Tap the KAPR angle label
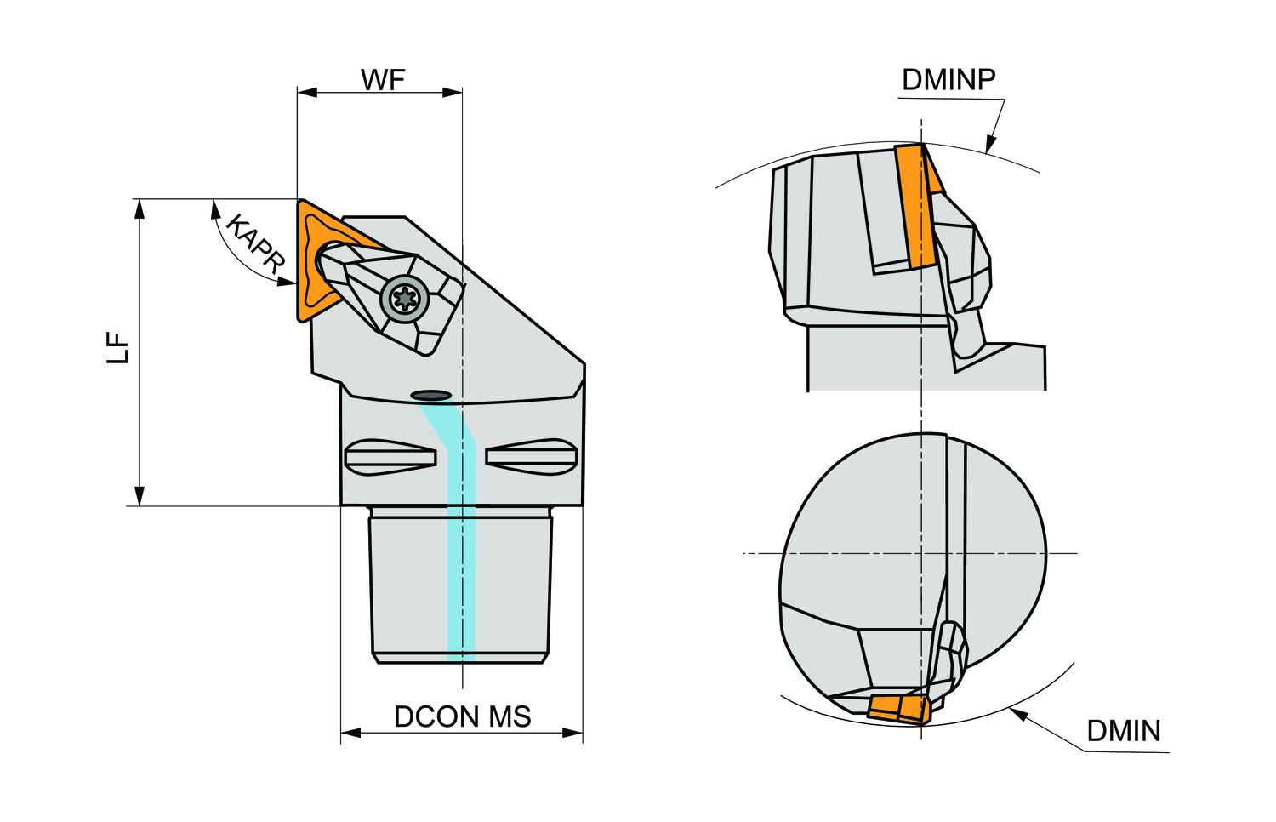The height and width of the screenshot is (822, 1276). (253, 244)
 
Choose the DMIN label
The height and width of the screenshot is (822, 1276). (1123, 730)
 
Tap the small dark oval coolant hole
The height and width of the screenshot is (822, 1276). (431, 395)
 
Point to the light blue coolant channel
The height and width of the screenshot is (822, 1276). (460, 545)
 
